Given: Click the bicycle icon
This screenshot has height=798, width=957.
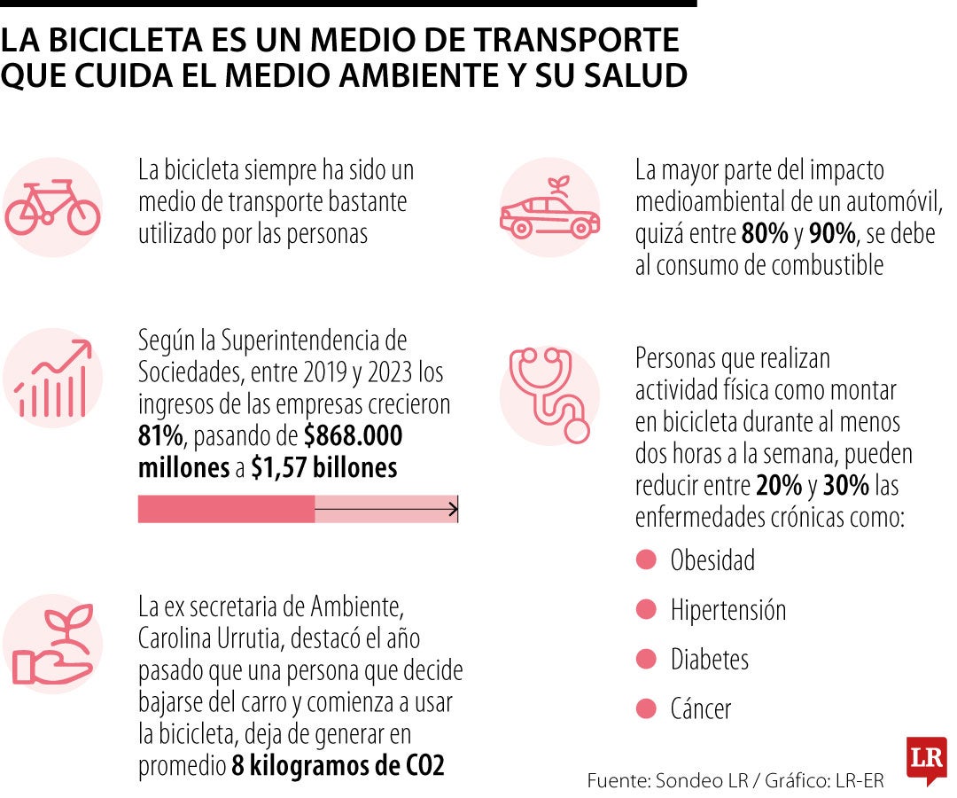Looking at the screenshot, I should coord(53,207).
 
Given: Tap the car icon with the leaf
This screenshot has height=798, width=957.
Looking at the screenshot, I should coord(549,210).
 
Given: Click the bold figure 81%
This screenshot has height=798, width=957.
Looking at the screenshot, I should coord(159,436).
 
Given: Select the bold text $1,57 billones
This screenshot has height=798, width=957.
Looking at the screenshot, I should coord(323,468).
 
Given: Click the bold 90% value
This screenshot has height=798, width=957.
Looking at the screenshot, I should coord(832,234).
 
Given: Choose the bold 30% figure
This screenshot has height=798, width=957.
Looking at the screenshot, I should coord(846,486).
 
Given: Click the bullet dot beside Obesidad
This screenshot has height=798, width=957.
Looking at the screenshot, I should coord(647,559).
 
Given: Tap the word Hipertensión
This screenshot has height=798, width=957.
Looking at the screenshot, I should coord(728,610).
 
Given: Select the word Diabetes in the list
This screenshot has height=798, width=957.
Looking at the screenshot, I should coord(710,660).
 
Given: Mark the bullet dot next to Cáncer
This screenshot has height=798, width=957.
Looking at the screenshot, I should coord(647,708).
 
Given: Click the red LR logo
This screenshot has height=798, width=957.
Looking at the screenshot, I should coord(926,759).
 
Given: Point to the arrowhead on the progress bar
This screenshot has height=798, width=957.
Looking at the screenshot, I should coord(453,509).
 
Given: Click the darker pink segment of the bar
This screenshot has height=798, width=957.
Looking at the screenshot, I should coord(226,509).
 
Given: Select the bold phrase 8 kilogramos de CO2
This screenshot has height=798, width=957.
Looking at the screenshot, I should coord(338,766).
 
